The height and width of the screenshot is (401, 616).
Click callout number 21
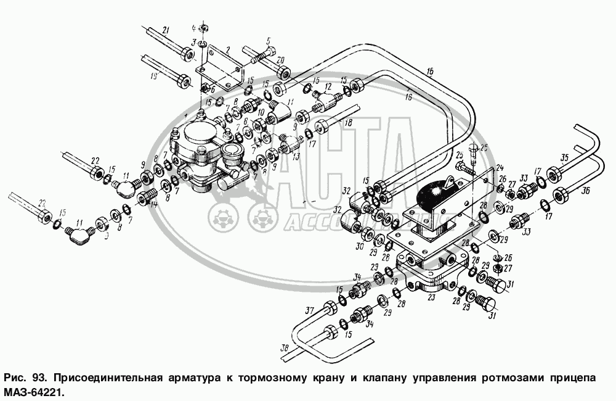pos(165,30)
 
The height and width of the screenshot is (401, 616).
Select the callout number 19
pos(153,76)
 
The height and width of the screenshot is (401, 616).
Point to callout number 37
pos(309,309)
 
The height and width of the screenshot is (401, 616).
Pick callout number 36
pos(568,190)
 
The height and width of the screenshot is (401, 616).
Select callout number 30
pos(360,246)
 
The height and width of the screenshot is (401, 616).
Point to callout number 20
pos(280,60)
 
